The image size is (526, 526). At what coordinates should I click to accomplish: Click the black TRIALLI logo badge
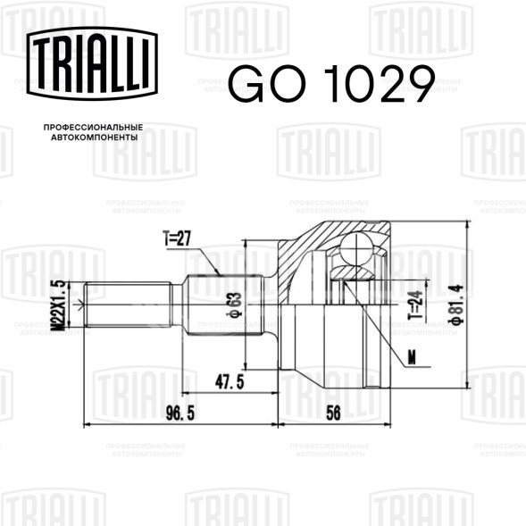click(92, 63)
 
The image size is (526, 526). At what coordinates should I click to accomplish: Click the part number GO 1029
click(331, 84)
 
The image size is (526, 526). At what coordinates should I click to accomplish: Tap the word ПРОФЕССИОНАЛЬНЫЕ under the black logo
click(93, 128)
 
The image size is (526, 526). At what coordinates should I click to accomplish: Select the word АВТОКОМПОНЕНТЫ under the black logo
click(95, 138)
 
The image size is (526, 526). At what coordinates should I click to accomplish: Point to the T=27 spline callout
click(177, 238)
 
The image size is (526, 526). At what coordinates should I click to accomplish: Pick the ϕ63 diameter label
click(234, 305)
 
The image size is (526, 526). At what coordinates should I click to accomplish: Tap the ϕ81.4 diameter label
click(456, 305)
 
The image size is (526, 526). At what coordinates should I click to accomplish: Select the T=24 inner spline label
click(415, 305)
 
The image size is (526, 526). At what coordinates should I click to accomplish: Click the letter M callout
click(412, 357)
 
